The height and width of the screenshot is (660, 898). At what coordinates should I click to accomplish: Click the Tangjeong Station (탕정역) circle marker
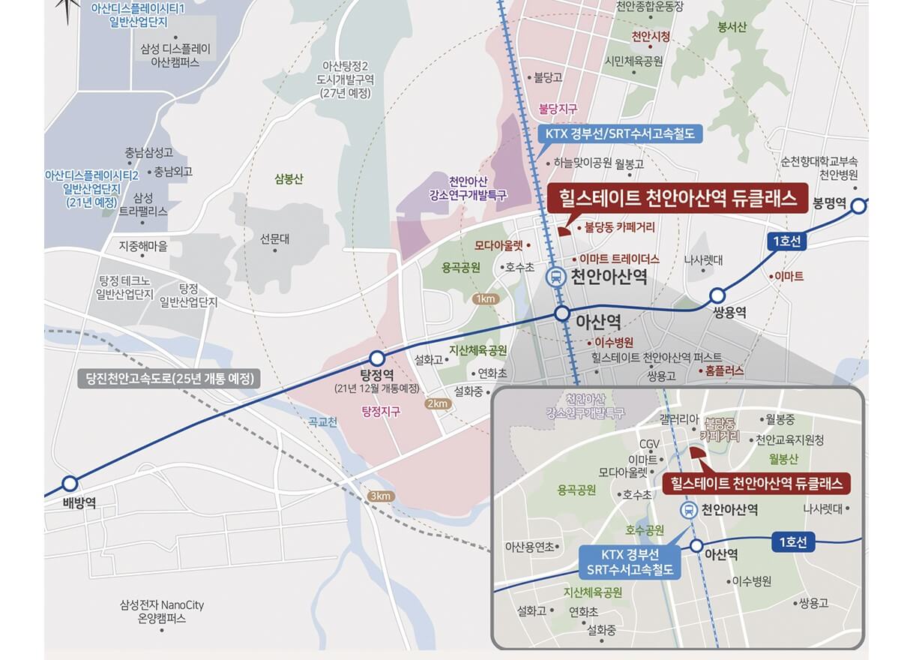pyautogui.click(x=377, y=358)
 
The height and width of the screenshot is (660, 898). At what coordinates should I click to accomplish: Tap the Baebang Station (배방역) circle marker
pyautogui.click(x=70, y=484)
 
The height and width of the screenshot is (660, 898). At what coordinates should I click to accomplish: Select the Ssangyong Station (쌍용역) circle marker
pyautogui.click(x=717, y=295)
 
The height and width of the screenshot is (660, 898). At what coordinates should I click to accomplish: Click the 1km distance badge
pyautogui.click(x=486, y=299)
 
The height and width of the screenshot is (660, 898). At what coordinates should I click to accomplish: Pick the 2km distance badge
pyautogui.click(x=436, y=403)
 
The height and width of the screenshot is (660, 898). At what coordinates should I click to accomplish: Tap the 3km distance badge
pyautogui.click(x=381, y=496)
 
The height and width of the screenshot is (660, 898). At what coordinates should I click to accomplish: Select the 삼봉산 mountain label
pyautogui.click(x=289, y=179)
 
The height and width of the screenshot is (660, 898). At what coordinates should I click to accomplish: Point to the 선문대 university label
pyautogui.click(x=274, y=239)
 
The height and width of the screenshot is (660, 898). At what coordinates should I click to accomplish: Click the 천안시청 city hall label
pyautogui.click(x=651, y=37)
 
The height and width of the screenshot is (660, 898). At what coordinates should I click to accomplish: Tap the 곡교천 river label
pyautogui.click(x=323, y=422)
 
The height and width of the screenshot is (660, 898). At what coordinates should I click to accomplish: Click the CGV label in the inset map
pyautogui.click(x=649, y=444)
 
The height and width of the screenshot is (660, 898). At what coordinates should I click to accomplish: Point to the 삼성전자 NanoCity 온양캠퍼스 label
pyautogui.click(x=161, y=611)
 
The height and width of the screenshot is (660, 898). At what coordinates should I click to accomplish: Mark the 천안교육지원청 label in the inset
pyautogui.click(x=789, y=439)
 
